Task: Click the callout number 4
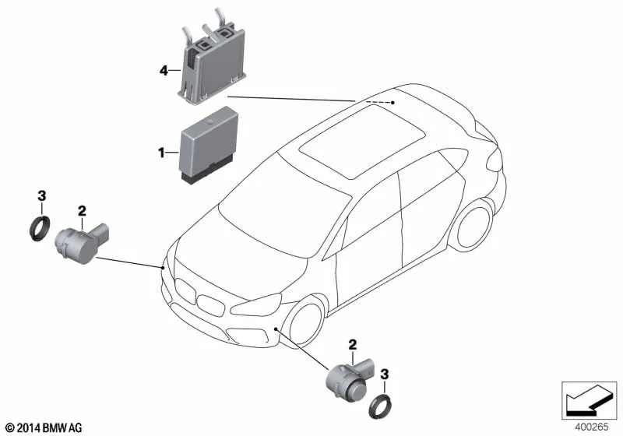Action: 164,71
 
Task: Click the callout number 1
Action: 161,153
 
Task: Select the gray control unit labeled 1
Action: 209,146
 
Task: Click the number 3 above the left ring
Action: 42,195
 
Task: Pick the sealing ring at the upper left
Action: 40,228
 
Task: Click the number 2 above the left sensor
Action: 82,211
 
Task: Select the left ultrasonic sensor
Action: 81,244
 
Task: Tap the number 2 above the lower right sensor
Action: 353,345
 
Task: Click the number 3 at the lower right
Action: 384,374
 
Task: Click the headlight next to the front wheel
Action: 255,306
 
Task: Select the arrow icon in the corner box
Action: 589,400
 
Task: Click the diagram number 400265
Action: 592,427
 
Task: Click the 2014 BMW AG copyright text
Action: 44,427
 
